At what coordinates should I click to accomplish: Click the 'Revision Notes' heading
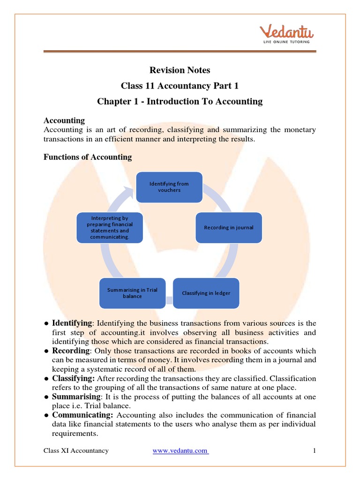pos(180,70)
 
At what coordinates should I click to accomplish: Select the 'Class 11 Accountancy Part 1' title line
pos(180,86)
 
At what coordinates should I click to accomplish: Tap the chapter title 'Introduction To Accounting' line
pos(180,101)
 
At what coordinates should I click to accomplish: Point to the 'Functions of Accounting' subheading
pos(88,157)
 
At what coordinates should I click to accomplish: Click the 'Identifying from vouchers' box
pos(169,187)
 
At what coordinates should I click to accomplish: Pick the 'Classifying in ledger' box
pos(206,293)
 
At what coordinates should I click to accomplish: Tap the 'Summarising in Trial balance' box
pos(132,293)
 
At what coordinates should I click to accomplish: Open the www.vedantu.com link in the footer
pos(180,451)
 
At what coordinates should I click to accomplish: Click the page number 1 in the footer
pos(315,451)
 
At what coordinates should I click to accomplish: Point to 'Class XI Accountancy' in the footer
pos(76,451)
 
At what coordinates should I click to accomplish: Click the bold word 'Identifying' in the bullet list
pos(72,323)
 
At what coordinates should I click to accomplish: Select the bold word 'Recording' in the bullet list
pos(70,351)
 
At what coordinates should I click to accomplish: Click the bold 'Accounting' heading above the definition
pos(64,120)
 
